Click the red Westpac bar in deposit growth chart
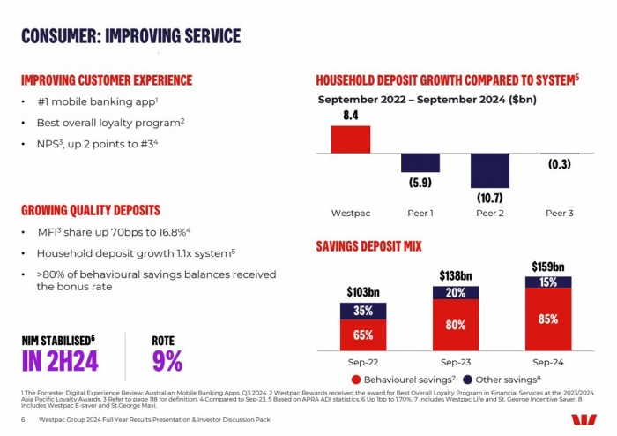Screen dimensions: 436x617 [x=350, y=139]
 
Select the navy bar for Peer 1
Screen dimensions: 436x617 [x=420, y=162]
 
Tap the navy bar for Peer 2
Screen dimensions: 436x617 [x=489, y=170]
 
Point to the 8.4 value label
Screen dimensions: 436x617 [x=350, y=116]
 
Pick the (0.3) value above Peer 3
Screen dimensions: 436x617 [x=558, y=164]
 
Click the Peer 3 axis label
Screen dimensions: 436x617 [x=558, y=214]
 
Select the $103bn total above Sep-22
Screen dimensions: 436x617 [x=362, y=291]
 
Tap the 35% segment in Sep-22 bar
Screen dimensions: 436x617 [x=362, y=311]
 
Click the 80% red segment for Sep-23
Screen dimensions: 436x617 [x=457, y=324]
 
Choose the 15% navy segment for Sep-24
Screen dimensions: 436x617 [x=548, y=282]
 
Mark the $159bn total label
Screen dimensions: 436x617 [x=548, y=266]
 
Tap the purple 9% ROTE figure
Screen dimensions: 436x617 [x=167, y=360]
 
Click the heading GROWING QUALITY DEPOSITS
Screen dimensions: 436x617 [x=90, y=210]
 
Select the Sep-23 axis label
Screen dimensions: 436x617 [x=456, y=361]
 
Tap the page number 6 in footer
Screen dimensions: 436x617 [x=22, y=419]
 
